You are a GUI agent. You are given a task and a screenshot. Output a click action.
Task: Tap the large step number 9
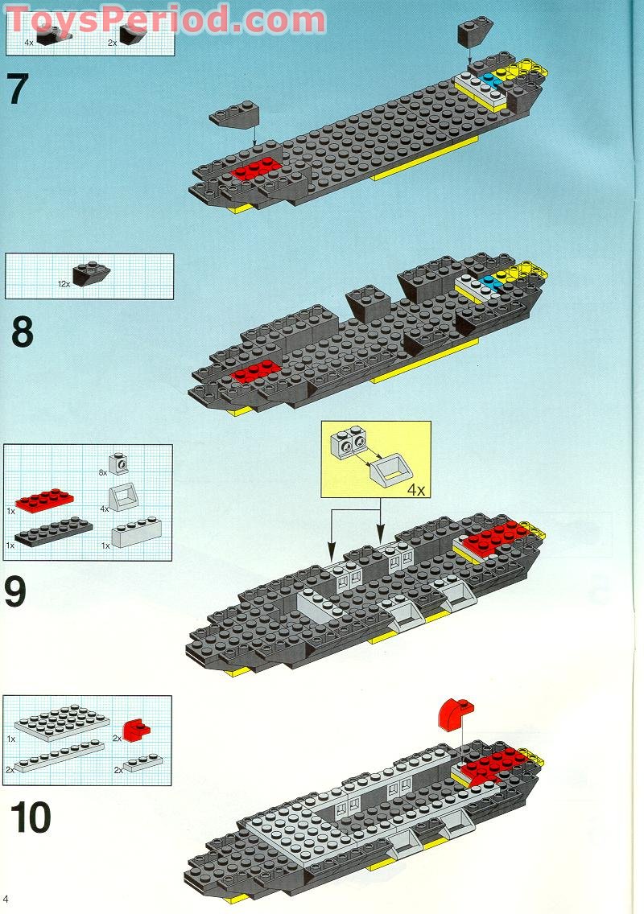(17, 592)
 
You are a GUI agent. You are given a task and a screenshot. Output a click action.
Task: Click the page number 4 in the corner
(6, 898)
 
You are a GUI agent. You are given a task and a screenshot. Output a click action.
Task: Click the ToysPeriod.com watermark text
(166, 19)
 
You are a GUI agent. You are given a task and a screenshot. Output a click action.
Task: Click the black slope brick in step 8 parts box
(91, 275)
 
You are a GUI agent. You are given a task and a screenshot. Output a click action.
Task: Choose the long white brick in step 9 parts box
(138, 533)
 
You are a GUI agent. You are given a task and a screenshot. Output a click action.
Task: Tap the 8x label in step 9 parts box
(102, 473)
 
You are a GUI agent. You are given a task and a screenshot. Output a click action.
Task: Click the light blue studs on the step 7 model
(491, 80)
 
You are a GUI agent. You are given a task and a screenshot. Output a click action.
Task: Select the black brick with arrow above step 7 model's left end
(236, 116)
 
